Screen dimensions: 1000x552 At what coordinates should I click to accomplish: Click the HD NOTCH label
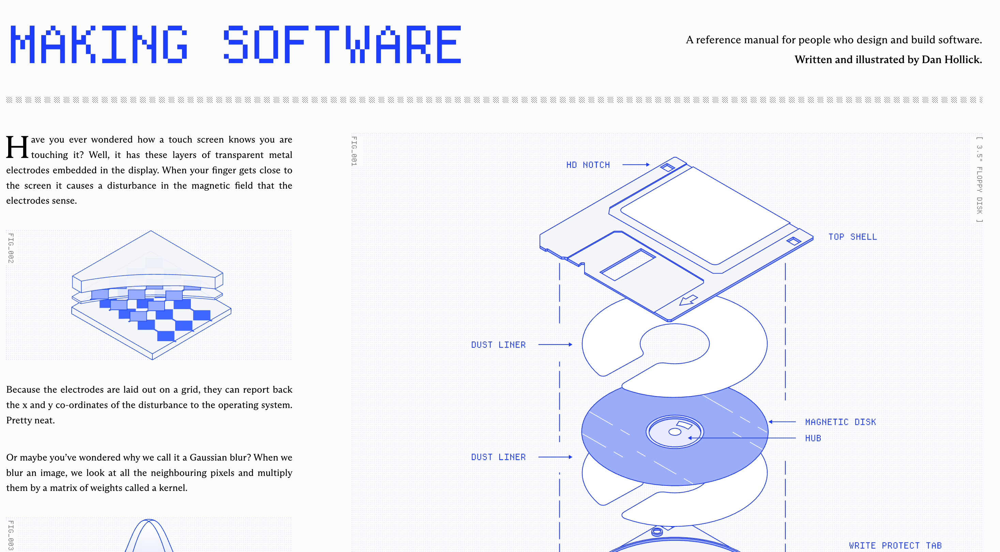pos(588,165)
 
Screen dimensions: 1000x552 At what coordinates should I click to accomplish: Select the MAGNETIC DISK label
pos(840,422)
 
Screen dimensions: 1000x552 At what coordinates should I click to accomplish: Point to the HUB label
pos(813,438)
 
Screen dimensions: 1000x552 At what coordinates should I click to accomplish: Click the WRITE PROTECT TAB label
pos(895,546)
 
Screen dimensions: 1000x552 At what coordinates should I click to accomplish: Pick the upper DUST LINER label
pos(498,345)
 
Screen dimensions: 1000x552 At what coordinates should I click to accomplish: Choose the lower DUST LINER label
pos(498,457)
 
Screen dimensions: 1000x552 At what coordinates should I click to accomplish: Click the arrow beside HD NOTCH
pos(636,165)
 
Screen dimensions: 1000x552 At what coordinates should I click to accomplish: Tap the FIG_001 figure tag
pos(354,151)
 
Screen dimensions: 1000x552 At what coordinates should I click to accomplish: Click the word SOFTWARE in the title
pos(343,44)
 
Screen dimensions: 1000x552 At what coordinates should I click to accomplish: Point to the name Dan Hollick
pos(952,59)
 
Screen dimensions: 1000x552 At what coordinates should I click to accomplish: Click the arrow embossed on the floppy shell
pos(688,300)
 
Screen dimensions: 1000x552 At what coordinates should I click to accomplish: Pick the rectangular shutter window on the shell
pos(628,264)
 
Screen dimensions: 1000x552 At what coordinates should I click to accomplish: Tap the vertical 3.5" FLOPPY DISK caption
pos(980,179)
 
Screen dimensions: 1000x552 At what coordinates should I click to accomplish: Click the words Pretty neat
pos(30,420)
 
